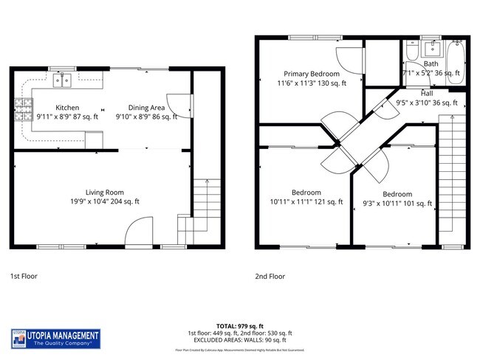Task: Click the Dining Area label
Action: tap(145, 108)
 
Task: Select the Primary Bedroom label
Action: tap(312, 74)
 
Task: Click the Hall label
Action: tap(427, 94)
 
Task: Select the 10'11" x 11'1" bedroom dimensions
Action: tap(306, 201)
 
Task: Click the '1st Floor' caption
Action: tap(24, 276)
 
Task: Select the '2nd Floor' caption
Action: tap(270, 276)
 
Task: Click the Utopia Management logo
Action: tap(55, 339)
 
